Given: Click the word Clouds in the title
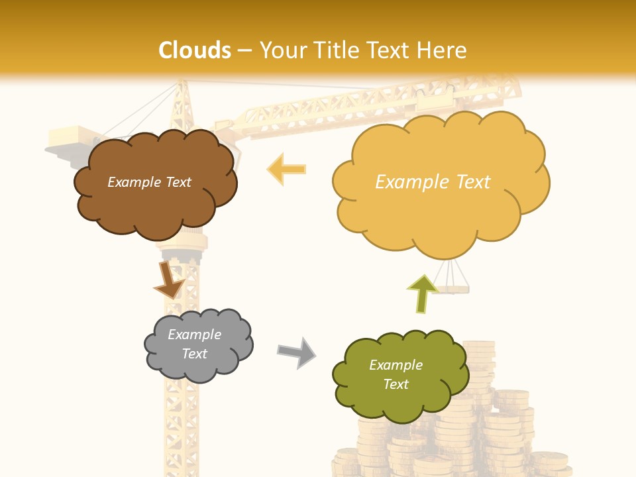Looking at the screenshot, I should click(x=195, y=50).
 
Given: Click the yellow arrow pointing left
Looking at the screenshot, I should click(x=286, y=169).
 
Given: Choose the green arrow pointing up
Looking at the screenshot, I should click(x=422, y=293).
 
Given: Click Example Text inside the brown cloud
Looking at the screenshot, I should click(x=149, y=182).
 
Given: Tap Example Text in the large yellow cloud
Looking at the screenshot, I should click(x=433, y=182).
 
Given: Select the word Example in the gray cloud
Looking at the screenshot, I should click(x=194, y=335).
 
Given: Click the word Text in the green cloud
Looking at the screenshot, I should click(x=396, y=384).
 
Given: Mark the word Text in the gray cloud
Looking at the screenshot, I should click(x=194, y=354).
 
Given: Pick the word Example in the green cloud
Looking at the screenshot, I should click(x=396, y=365).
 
